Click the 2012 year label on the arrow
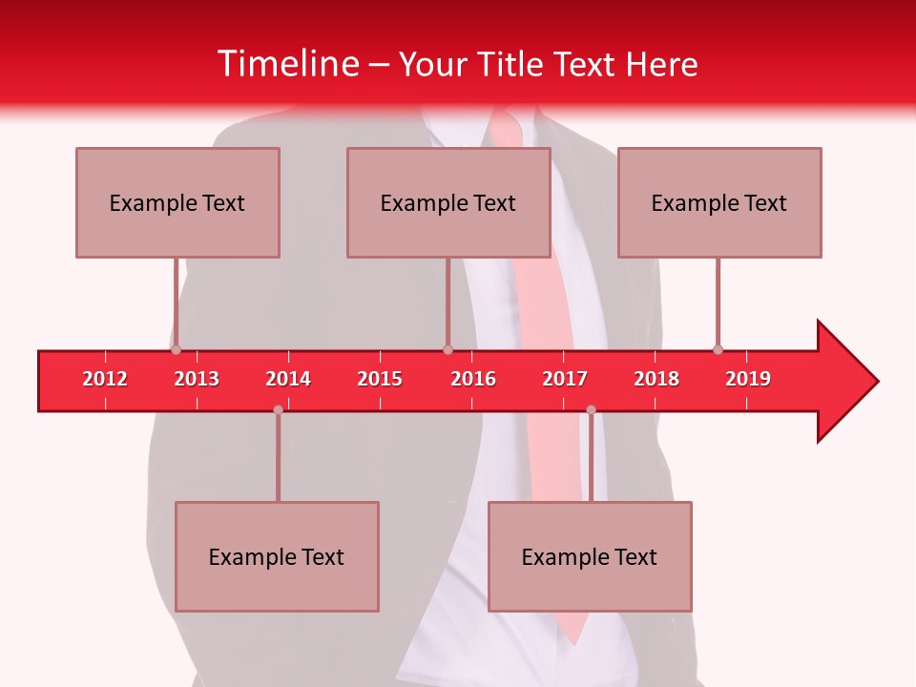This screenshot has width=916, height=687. (x=105, y=379)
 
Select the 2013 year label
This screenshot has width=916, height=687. (x=197, y=379)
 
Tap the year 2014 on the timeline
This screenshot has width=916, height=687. (x=288, y=379)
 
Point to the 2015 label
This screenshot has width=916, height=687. (x=380, y=379)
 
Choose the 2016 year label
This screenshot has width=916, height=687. (x=473, y=379)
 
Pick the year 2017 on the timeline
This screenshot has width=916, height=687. (x=565, y=379)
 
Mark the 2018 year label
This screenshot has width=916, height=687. (x=656, y=379)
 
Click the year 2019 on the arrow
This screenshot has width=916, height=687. (x=748, y=379)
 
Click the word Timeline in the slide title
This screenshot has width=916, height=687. (x=287, y=64)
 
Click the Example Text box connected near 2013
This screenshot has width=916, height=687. (x=177, y=202)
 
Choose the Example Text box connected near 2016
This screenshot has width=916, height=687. (x=448, y=202)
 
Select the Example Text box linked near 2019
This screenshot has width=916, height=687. (x=719, y=202)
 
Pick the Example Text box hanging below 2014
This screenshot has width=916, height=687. (x=277, y=556)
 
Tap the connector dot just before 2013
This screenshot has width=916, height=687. (x=176, y=349)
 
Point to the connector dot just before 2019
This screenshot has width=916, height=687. (x=718, y=349)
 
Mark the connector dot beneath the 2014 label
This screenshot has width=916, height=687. (x=278, y=410)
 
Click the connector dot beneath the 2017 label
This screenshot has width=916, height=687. (x=591, y=410)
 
